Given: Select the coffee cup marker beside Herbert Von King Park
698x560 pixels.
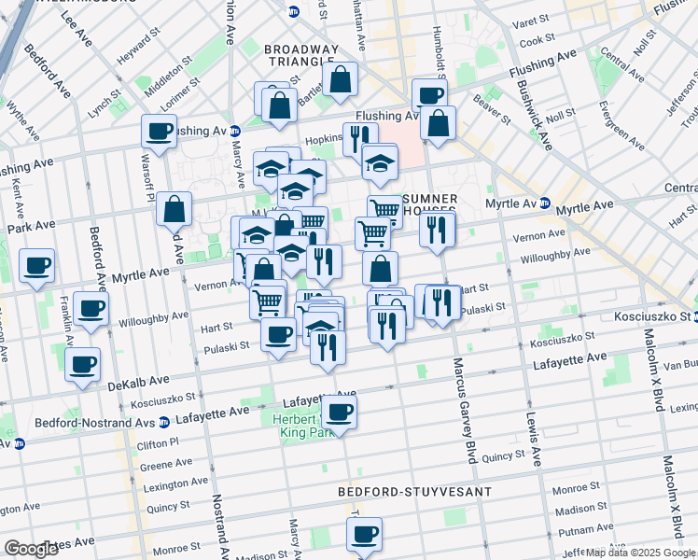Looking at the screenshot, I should (x=340, y=412).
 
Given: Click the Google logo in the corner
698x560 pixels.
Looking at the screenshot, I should (x=31, y=549).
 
